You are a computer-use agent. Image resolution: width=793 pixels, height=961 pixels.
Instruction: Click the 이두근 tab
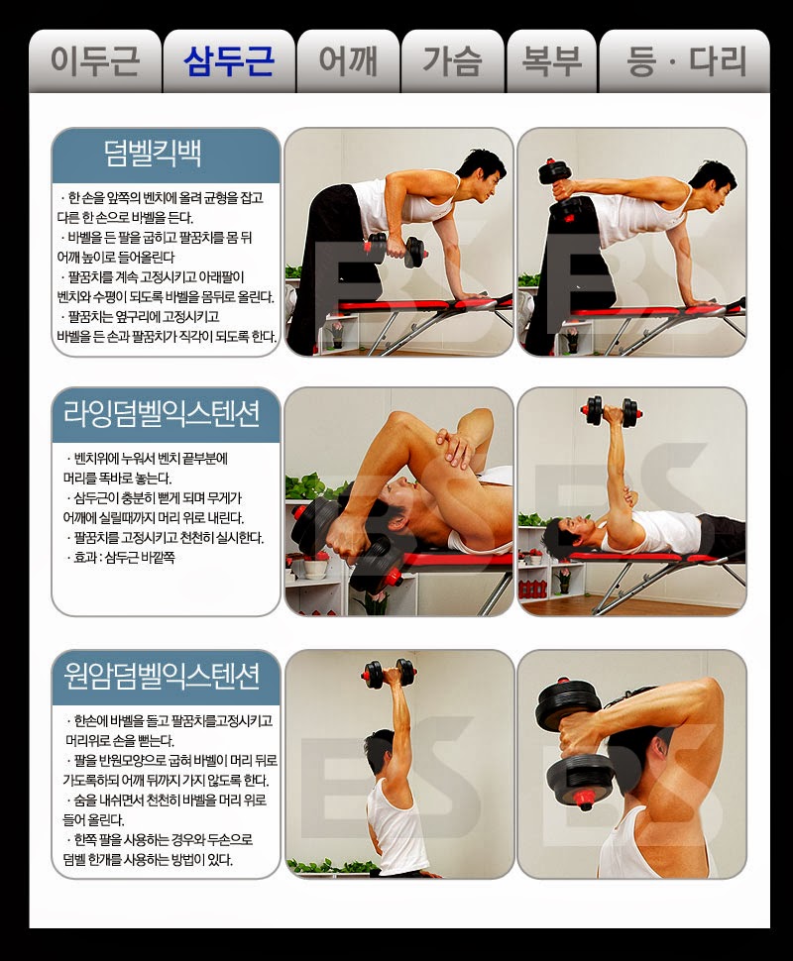[x=95, y=61]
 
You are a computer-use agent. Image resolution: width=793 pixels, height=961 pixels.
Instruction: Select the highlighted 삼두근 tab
[x=229, y=61]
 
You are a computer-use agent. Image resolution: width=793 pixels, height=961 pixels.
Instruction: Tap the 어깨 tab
[x=348, y=61]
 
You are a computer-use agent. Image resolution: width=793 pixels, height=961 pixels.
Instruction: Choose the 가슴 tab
[x=453, y=61]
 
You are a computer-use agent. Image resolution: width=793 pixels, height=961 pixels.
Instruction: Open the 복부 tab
[x=551, y=61]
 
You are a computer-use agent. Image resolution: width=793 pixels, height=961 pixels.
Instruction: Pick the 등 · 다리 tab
[x=684, y=61]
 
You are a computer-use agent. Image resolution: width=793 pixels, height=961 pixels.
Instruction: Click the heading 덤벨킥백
[x=153, y=154]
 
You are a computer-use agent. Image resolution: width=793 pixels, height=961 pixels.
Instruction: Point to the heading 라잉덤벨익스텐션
[x=162, y=413]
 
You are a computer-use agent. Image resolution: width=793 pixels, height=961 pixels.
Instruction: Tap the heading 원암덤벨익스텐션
[x=162, y=676]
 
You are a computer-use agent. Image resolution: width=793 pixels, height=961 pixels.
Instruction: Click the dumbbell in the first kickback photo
[x=395, y=249]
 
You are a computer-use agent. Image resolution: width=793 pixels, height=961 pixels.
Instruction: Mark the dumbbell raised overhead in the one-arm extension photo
[x=391, y=674]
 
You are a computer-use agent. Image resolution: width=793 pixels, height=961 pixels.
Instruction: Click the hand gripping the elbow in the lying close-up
[x=454, y=449]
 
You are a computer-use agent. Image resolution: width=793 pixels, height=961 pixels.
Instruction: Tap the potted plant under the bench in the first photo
[x=335, y=334]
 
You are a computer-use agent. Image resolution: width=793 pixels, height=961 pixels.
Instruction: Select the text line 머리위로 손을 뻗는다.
[x=120, y=740]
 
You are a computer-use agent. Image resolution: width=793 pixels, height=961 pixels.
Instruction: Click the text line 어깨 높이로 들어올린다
[x=116, y=257]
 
